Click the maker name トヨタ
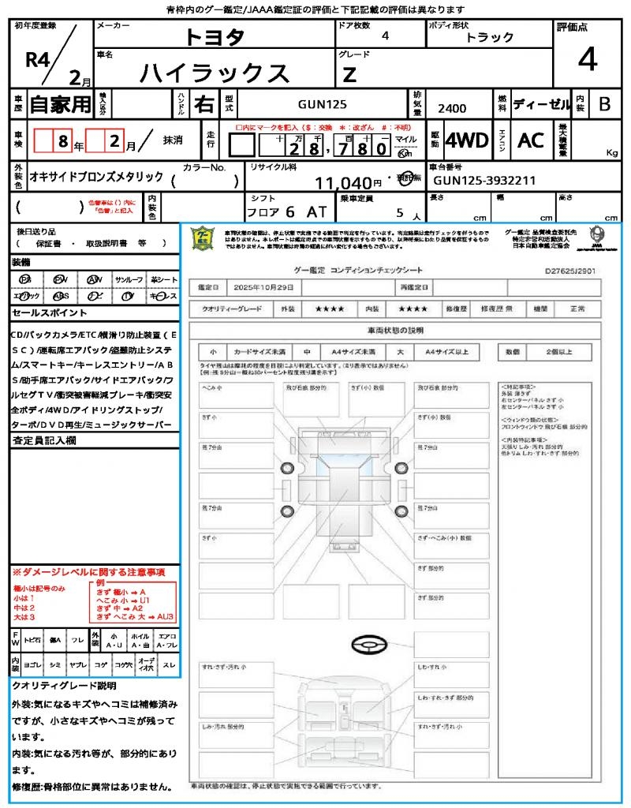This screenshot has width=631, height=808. tap(215, 37)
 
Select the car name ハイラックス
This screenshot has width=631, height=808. tap(215, 73)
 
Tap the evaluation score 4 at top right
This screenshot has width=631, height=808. tap(587, 59)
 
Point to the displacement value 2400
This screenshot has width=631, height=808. tap(451, 109)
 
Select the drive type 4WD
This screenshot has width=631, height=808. tap(466, 140)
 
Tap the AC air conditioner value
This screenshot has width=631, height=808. tap(531, 140)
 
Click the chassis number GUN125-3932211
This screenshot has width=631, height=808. tap(484, 181)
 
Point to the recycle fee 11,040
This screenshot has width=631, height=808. tap(343, 183)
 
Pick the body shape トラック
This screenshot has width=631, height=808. tap(490, 37)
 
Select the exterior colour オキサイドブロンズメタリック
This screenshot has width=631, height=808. tap(96, 177)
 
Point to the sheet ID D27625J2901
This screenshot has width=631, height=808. tap(569, 270)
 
